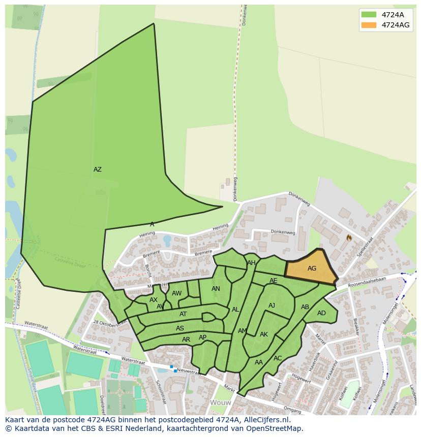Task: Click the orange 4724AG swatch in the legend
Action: [369, 25]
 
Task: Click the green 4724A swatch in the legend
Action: [369, 15]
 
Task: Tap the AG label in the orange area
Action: [312, 268]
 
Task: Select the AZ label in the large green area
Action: [97, 170]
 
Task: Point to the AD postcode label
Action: [321, 313]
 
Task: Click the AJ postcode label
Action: [272, 306]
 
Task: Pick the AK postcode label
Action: [263, 334]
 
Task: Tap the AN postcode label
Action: [216, 289]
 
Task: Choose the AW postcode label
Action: [176, 293]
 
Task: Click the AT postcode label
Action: [183, 315]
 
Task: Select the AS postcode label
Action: [180, 328]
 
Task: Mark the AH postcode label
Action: [251, 263]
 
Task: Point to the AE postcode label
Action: [274, 281]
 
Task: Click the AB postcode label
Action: [305, 307]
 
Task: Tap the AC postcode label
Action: [278, 358]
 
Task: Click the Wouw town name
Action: [221, 402]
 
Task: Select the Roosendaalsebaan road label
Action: [367, 282]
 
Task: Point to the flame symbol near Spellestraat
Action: [349, 237]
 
